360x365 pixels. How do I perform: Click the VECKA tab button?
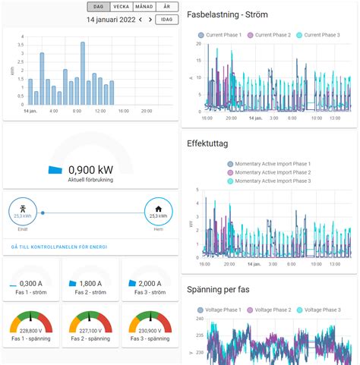(121, 6)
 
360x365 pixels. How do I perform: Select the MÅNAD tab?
(144, 6)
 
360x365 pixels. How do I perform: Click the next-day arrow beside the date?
(150, 20)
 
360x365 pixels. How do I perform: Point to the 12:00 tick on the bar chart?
(99, 111)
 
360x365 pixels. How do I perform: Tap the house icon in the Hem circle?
(158, 209)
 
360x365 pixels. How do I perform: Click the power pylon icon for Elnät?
(23, 209)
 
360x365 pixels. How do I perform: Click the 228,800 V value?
(30, 331)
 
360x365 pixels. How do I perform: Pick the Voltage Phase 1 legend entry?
(226, 310)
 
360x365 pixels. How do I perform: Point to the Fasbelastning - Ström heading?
(235, 14)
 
